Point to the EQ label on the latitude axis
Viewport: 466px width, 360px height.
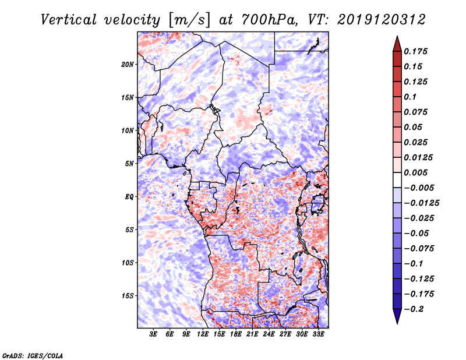pos(130,197)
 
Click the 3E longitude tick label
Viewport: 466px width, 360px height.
pos(154,335)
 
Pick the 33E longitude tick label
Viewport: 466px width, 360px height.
pos(319,335)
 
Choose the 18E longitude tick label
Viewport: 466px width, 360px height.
pos(236,335)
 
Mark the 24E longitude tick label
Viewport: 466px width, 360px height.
pos(269,335)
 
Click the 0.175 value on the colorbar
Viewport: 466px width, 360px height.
pos(415,51)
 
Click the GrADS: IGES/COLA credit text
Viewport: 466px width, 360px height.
pos(33,355)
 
